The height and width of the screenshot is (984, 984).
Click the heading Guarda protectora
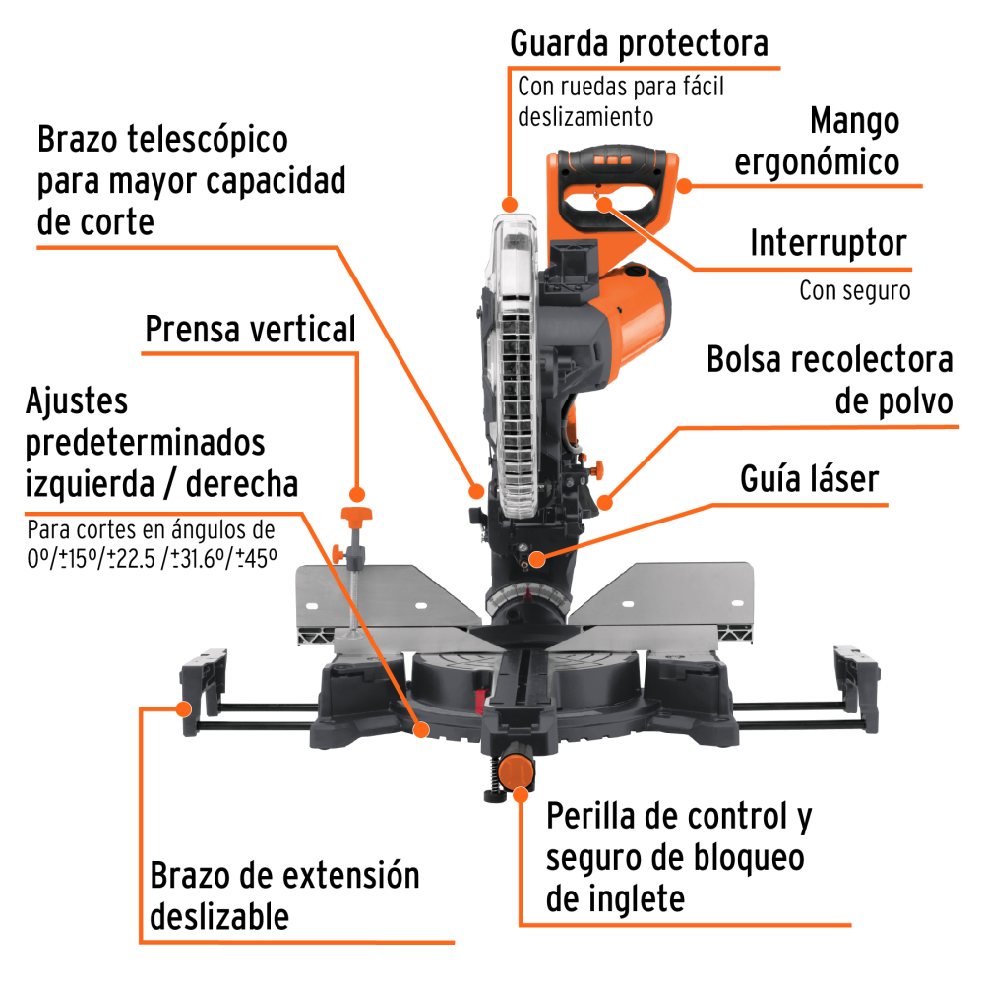639,44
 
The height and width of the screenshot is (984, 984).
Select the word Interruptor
842,243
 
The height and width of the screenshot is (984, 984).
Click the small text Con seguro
854,291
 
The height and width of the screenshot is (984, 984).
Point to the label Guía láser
809,479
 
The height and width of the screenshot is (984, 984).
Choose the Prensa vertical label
250,330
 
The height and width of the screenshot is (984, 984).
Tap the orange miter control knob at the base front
517,769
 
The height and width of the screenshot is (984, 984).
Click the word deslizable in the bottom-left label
220,916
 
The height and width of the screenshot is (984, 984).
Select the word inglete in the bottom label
615,897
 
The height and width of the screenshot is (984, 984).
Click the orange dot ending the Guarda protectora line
509,204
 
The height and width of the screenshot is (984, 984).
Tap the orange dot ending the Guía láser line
536,561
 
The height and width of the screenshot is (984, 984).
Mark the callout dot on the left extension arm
183,708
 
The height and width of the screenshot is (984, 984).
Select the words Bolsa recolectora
830,360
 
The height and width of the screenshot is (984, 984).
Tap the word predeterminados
146,442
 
